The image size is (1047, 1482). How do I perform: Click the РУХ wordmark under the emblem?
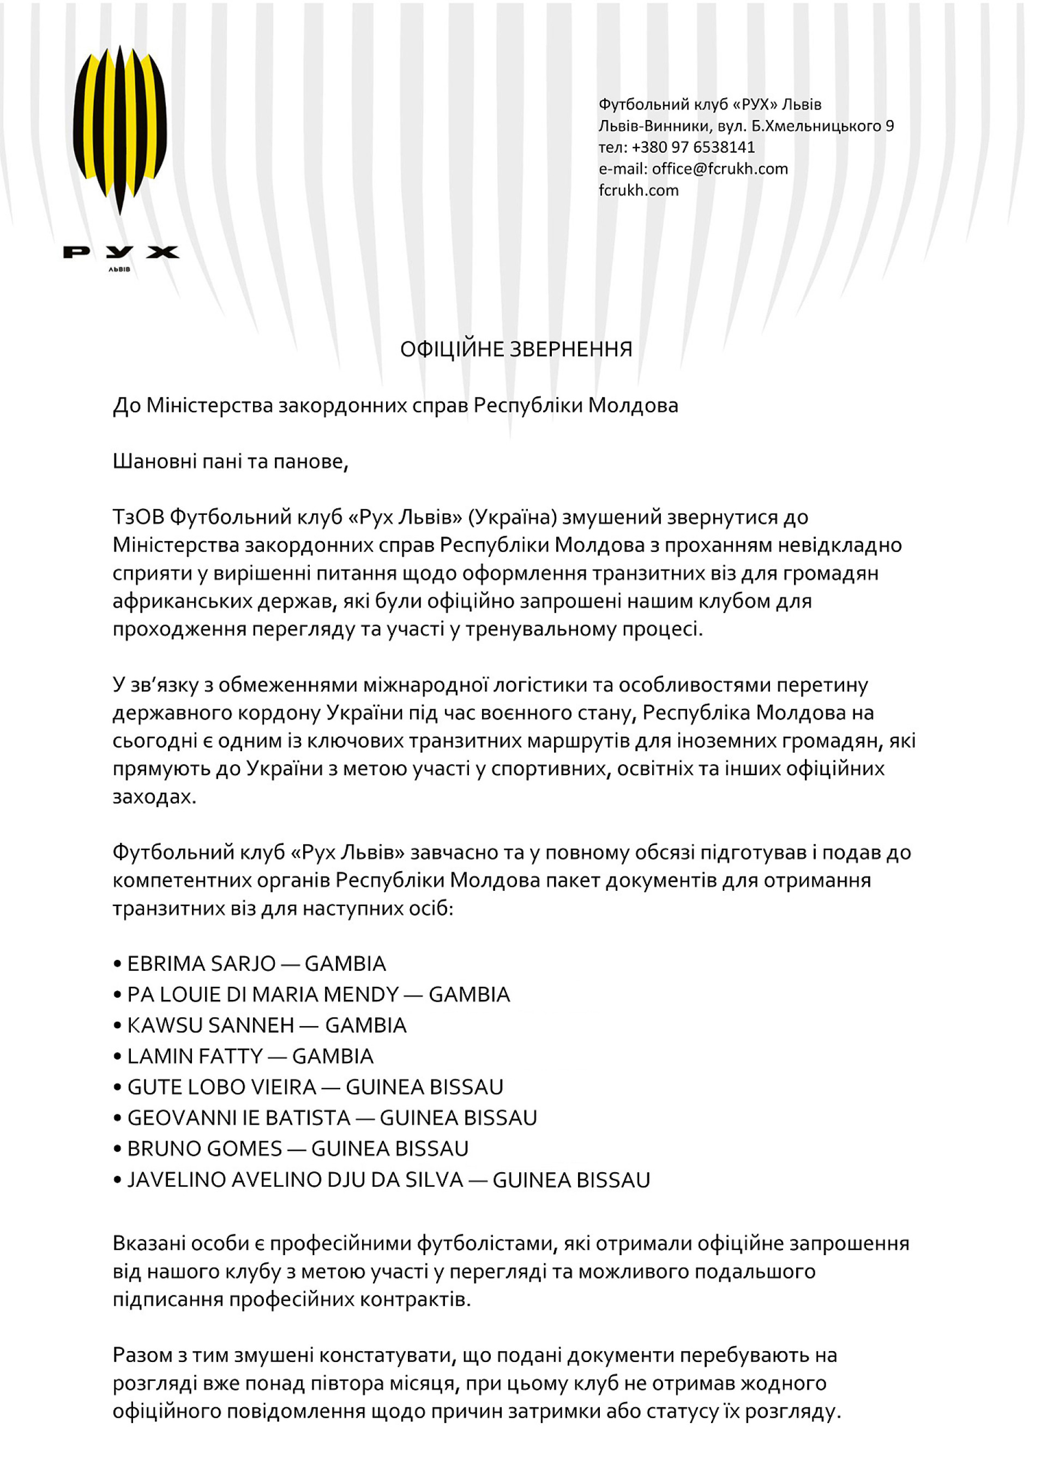(x=121, y=252)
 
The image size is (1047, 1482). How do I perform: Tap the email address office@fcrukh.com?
(x=719, y=169)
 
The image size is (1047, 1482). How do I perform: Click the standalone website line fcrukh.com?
(x=638, y=190)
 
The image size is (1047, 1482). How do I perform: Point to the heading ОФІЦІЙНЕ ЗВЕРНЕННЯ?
(x=516, y=349)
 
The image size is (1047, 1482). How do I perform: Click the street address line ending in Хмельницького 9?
(x=745, y=126)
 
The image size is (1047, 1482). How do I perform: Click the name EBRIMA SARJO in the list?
(x=201, y=964)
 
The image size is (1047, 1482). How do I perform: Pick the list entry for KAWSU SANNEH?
(x=210, y=1025)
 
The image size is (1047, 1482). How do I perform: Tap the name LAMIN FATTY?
(x=195, y=1056)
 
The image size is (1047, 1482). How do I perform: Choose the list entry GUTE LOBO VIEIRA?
(x=221, y=1087)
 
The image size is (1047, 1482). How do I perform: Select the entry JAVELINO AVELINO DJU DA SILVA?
(x=295, y=1180)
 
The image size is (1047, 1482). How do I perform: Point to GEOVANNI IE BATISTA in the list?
(x=238, y=1118)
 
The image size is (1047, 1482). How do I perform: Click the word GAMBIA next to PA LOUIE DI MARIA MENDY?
(x=470, y=995)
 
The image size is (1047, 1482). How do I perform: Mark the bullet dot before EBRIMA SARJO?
(x=117, y=964)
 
